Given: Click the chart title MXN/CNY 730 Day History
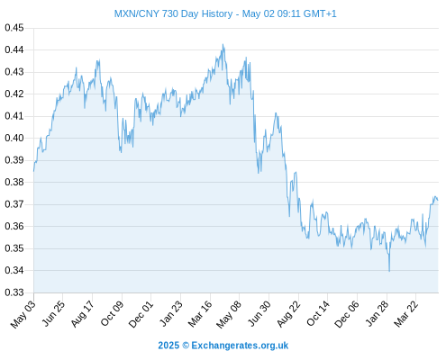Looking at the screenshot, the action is (x=174, y=13).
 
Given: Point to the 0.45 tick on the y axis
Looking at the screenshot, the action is (x=14, y=28).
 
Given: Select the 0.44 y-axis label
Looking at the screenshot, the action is (x=14, y=49).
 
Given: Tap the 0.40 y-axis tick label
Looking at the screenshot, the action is (x=14, y=138).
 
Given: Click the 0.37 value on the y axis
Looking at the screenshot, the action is (x=14, y=204).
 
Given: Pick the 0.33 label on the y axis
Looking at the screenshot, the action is (x=14, y=292).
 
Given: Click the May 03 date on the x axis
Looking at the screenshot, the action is (x=23, y=314).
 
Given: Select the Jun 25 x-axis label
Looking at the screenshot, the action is (x=53, y=313).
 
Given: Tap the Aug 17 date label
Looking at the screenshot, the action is (x=82, y=314).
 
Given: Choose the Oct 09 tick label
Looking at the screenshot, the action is (x=112, y=314).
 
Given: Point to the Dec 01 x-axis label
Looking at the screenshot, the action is (x=141, y=314).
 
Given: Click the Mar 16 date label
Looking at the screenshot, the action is (x=200, y=314).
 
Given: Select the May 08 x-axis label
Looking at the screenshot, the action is (x=229, y=314).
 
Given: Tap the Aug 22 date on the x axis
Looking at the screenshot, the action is (x=288, y=314).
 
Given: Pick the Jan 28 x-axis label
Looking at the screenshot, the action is (x=377, y=313).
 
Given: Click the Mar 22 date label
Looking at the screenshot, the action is (x=405, y=314).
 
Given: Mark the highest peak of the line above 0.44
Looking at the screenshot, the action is (x=223, y=44).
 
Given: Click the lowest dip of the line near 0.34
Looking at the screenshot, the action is (x=389, y=271).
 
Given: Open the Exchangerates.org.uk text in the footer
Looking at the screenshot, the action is (x=240, y=346).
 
